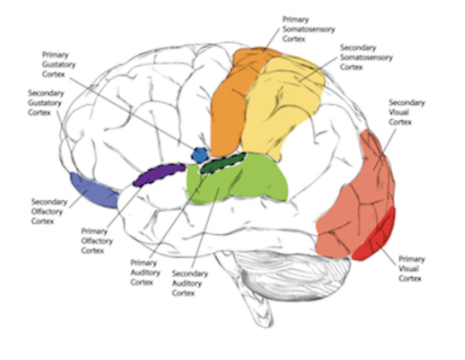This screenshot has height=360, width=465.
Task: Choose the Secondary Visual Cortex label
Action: click(x=406, y=112)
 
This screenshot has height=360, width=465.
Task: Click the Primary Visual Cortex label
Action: click(x=411, y=269)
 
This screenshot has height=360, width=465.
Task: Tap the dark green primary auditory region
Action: click(x=223, y=163)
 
